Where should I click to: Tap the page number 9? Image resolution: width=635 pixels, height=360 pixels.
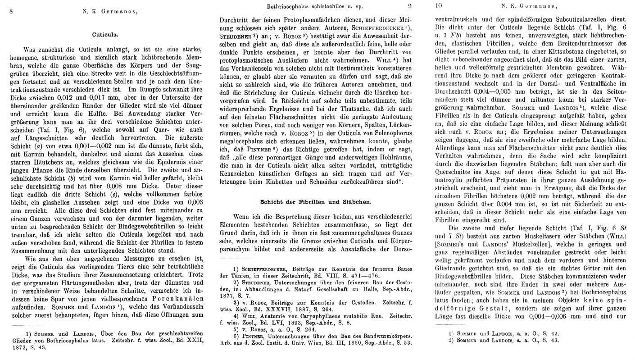(410, 6)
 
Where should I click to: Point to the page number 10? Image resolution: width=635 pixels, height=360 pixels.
(440, 6)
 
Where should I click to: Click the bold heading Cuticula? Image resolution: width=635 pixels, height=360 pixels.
(105, 34)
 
